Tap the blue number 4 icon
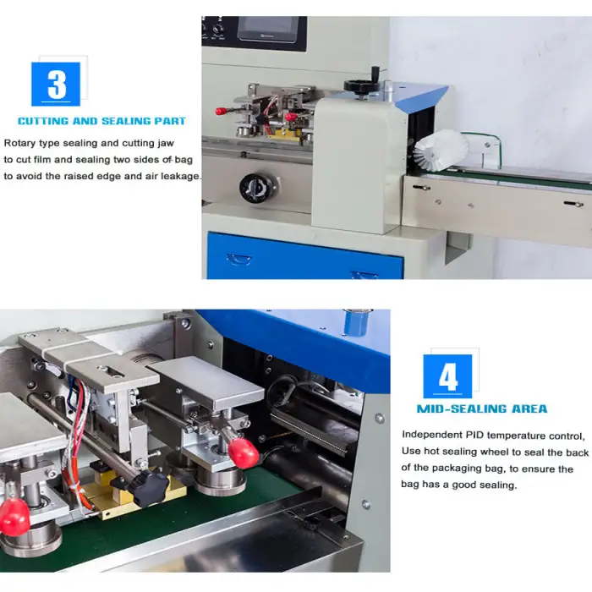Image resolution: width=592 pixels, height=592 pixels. click(x=447, y=376)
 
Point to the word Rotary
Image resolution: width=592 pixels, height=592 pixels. click(x=23, y=143)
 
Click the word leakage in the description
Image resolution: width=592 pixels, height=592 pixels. click(x=179, y=176)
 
